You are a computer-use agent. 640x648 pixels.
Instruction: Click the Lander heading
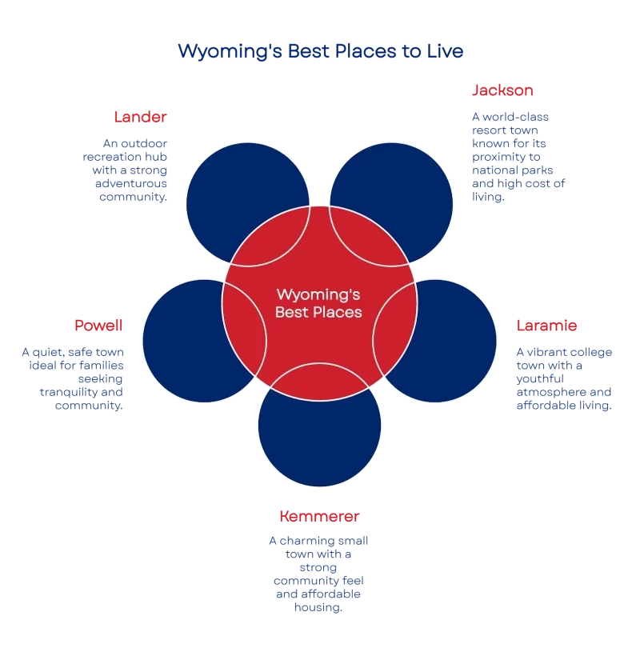pos(140,117)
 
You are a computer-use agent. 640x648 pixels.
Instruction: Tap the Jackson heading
pos(503,90)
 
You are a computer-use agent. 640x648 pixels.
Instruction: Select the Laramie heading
pos(548,326)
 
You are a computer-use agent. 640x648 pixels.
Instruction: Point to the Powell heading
pos(99,325)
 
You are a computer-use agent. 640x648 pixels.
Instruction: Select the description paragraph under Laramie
pos(564,378)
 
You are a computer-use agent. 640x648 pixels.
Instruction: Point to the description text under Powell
pos(74,378)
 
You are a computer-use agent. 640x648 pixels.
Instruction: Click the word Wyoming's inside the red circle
pos(318,294)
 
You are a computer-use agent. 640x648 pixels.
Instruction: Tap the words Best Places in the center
pos(318,312)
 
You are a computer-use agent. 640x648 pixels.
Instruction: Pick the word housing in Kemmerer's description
pos(320,609)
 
